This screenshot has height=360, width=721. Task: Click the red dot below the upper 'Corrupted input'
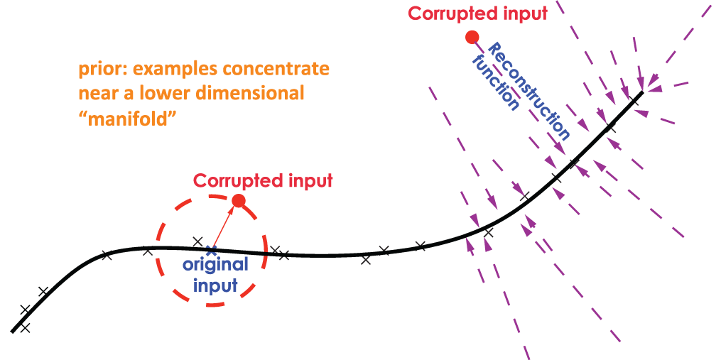tap(471, 37)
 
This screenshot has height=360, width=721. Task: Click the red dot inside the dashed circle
tap(239, 201)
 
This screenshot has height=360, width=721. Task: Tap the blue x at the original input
tap(210, 250)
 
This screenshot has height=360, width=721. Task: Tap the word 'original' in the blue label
tap(216, 266)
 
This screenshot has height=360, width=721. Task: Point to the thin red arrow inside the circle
tap(224, 225)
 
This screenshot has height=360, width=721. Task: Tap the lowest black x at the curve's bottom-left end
tap(25, 327)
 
